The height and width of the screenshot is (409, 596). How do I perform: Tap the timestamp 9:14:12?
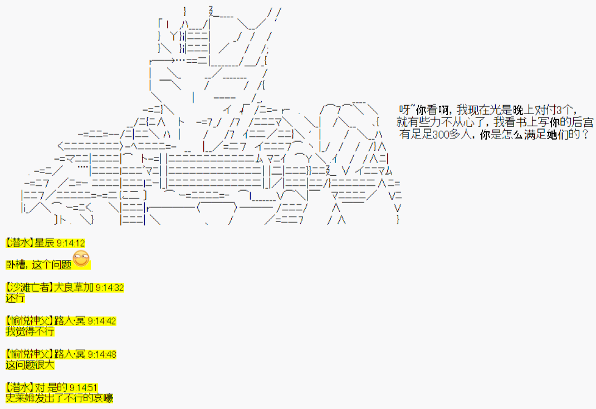[x=71, y=243]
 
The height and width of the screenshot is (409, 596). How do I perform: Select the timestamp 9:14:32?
[x=110, y=288]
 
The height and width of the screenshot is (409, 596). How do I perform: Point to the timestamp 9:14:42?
[x=102, y=321]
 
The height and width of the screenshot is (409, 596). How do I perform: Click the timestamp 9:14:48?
[x=102, y=354]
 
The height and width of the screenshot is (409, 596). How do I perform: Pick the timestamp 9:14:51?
[x=84, y=388]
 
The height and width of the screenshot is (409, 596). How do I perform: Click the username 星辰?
[x=45, y=243]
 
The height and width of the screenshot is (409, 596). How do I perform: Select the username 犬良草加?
[x=74, y=288]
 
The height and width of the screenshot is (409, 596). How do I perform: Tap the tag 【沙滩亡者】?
[x=30, y=288]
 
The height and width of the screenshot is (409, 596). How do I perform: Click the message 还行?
[x=15, y=298]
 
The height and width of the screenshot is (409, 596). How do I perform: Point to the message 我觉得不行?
[x=30, y=332]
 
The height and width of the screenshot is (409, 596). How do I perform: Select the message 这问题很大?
[x=30, y=365]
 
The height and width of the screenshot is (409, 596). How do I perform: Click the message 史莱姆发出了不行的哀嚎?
[x=59, y=398]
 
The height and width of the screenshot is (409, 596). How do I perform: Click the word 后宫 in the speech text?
[x=583, y=122]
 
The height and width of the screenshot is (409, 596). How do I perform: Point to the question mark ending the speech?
[x=585, y=135]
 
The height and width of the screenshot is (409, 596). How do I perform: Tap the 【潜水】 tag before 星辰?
[x=20, y=243]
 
